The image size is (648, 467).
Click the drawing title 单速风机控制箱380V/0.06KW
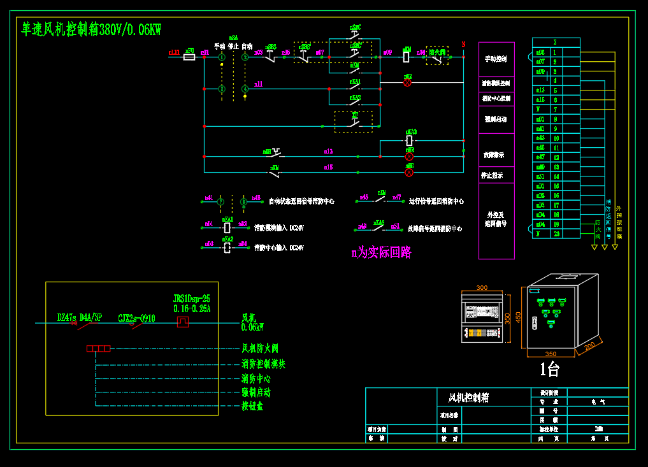click(x=91, y=29)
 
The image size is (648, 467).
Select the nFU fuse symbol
click(x=189, y=57)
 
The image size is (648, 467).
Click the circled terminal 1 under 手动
click(x=222, y=57)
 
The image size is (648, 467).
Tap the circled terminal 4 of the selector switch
click(x=245, y=89)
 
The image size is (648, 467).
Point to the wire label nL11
click(x=173, y=52)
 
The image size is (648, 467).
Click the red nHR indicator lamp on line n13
click(x=409, y=156)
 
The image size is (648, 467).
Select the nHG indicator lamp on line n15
click(x=409, y=172)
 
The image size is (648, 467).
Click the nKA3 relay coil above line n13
click(x=409, y=140)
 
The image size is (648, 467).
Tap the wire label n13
click(x=328, y=152)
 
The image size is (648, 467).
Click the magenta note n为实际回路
click(x=381, y=253)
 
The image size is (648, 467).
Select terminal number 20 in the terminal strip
click(x=556, y=234)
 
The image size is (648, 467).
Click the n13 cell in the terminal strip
click(x=540, y=90)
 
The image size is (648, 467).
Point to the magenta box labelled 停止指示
click(x=496, y=175)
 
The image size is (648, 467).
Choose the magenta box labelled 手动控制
click(x=496, y=59)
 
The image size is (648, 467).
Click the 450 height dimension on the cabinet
click(x=518, y=317)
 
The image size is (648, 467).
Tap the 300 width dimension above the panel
click(x=482, y=288)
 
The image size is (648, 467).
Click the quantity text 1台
click(x=549, y=369)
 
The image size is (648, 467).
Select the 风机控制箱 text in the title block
click(x=468, y=398)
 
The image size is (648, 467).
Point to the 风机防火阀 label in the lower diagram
click(x=260, y=348)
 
